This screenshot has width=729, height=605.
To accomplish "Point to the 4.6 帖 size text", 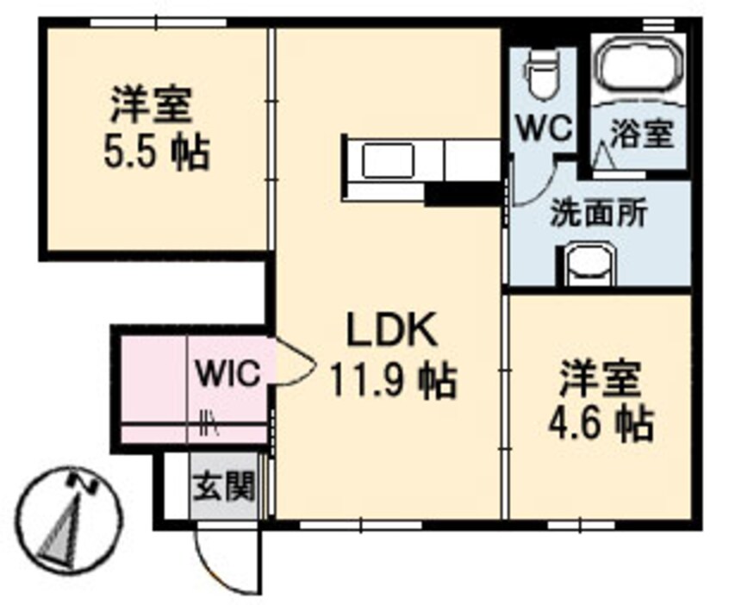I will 600,422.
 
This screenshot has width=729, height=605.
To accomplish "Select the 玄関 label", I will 223,488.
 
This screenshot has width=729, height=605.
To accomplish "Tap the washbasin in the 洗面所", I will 590,264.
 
